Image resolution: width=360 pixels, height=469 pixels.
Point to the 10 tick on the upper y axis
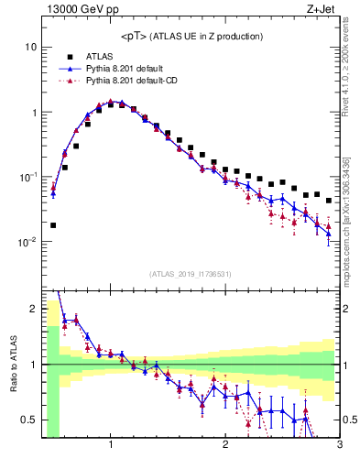[x=30, y=47]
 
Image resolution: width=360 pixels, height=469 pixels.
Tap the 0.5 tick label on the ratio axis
[x=29, y=420]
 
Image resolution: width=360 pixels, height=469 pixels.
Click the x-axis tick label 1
[x=111, y=446]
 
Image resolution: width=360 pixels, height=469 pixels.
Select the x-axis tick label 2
[x=225, y=446]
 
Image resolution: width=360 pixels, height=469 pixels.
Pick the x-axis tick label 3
[x=339, y=446]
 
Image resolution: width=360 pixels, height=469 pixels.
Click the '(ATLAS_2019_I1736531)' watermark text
[x=191, y=274]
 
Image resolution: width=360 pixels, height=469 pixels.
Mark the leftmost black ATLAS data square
[x=53, y=224]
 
